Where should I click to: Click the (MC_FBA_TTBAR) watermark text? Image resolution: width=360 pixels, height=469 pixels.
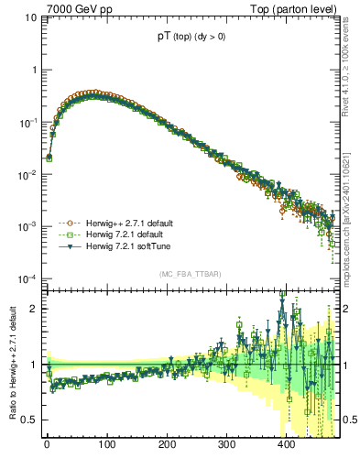pyautogui.click(x=190, y=274)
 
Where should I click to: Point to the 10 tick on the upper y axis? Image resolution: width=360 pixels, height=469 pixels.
pyautogui.click(x=31, y=17)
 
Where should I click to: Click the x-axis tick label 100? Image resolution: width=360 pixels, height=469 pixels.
pyautogui.click(x=107, y=444)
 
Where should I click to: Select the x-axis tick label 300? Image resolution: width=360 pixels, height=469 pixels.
pyautogui.click(x=226, y=444)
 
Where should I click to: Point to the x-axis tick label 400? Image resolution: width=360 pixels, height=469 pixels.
pyautogui.click(x=286, y=444)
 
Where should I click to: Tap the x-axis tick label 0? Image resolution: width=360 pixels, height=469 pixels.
pyautogui.click(x=47, y=444)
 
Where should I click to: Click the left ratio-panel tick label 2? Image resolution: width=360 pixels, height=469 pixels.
pyautogui.click(x=36, y=309)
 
